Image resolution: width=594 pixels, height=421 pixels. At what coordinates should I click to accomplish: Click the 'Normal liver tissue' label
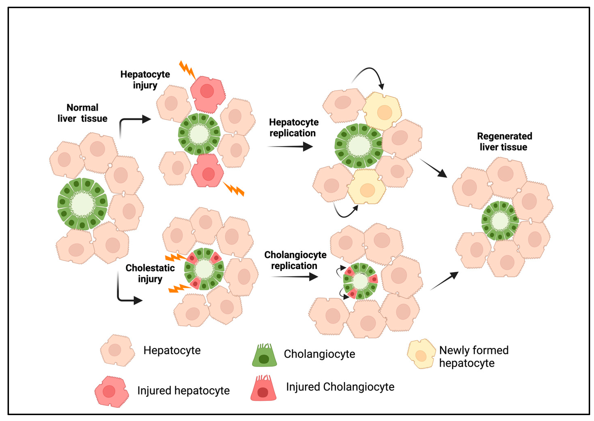[82, 113]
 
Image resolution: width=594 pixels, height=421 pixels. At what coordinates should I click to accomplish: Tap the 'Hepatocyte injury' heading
[145, 80]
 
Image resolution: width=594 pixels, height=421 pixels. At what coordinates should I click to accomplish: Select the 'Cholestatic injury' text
[150, 273]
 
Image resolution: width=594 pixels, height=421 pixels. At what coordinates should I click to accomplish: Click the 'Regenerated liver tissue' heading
[504, 142]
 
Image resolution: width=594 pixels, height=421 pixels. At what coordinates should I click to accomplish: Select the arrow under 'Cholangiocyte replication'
[294, 277]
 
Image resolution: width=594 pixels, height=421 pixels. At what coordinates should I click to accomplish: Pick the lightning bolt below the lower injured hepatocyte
[234, 189]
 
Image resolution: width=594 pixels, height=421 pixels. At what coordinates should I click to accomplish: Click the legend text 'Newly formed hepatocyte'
[473, 357]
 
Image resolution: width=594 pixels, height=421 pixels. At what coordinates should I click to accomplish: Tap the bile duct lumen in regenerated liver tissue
[500, 220]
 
